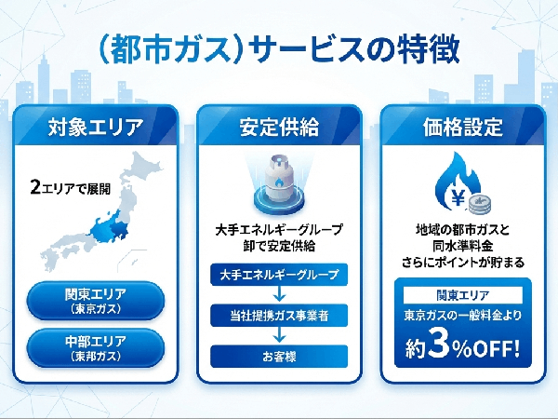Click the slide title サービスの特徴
point(279,48)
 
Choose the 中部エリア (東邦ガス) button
point(96,346)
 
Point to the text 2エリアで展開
point(70,188)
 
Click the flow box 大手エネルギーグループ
point(279,276)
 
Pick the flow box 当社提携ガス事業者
point(279,316)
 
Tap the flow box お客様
point(279,355)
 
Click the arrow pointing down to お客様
point(279,335)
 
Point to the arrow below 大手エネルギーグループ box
point(279,295)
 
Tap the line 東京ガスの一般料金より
point(462,318)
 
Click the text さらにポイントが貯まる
point(462,264)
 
